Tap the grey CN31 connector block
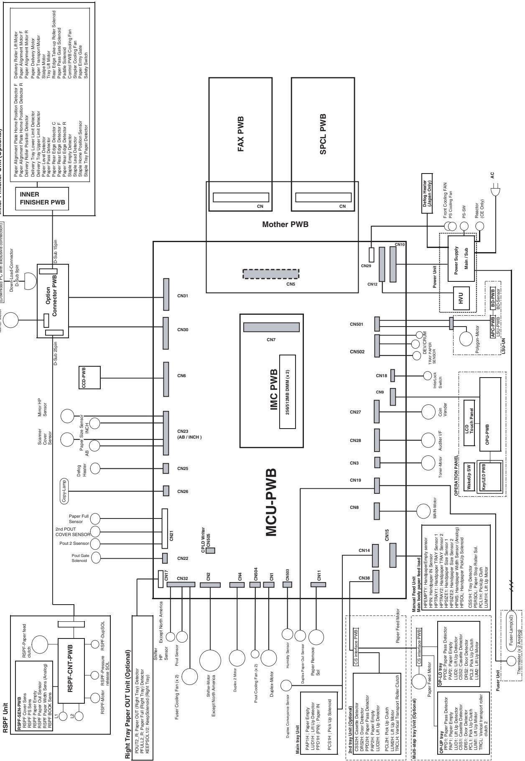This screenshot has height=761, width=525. tap(166, 296)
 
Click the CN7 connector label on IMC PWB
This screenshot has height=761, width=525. tap(271, 340)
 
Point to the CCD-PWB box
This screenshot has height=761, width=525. tap(89, 375)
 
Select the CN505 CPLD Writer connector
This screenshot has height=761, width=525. tap(211, 551)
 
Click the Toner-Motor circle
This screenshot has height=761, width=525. tap(428, 462)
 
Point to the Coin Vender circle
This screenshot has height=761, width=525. tap(428, 412)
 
